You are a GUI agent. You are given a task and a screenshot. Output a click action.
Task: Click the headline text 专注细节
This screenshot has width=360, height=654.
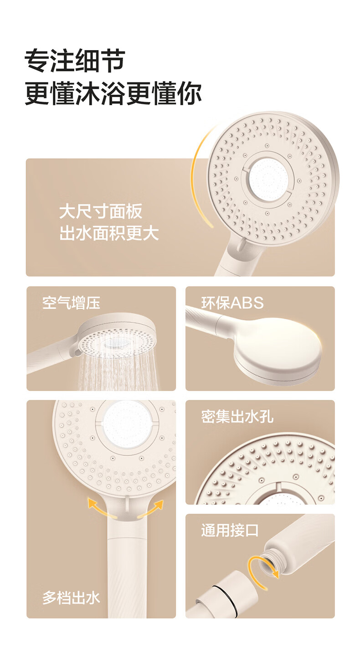[x=75, y=61]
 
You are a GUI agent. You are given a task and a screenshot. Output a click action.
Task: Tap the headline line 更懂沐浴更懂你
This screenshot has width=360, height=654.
[x=113, y=93]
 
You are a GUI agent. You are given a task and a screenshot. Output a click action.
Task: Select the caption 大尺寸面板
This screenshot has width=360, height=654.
[x=101, y=211]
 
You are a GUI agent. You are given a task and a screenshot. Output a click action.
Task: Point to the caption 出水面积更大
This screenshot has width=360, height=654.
[x=109, y=234]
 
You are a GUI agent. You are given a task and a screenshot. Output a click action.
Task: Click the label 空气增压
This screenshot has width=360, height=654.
[x=71, y=303]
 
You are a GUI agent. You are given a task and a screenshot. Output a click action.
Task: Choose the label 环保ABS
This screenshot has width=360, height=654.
[x=232, y=303]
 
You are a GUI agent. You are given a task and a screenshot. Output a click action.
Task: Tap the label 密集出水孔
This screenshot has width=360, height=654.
[x=237, y=417]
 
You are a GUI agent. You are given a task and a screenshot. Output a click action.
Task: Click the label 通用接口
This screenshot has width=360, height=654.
[x=230, y=531]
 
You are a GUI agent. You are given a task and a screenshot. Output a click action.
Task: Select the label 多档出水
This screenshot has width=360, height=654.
[x=71, y=598]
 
